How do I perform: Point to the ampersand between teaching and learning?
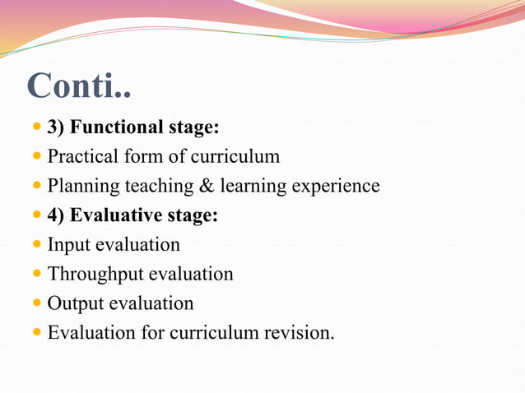click(206, 186)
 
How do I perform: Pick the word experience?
click(336, 187)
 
